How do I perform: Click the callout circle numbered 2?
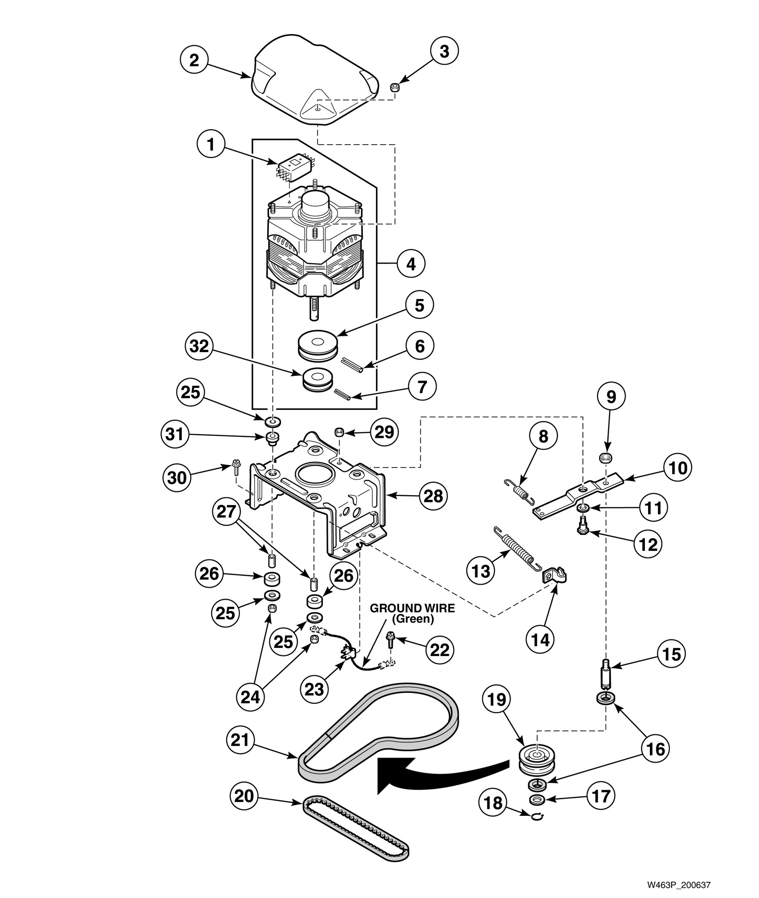pos(194,60)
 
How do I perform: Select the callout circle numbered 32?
pos(199,347)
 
